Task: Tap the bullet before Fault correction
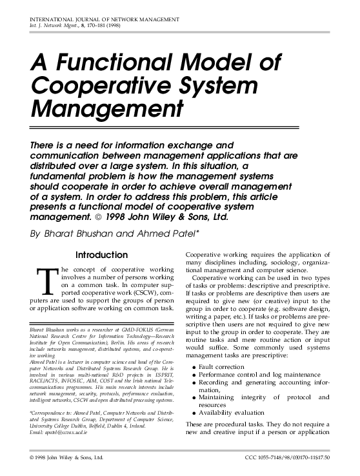coord(194,366)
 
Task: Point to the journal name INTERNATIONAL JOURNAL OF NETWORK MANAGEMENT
coord(105,21)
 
